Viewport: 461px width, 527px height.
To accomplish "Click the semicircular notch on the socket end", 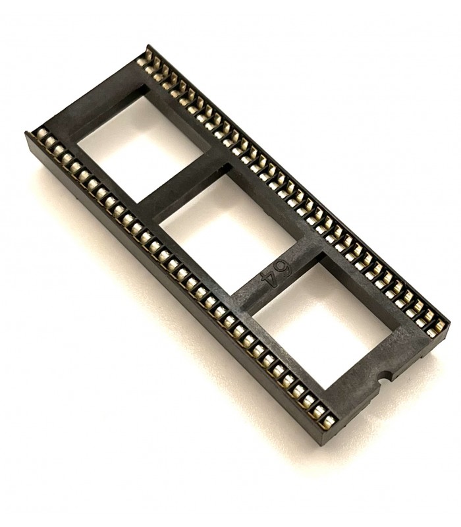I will (384, 379).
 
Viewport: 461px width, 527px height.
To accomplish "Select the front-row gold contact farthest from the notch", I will (41, 135).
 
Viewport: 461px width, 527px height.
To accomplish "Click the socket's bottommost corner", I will (323, 443).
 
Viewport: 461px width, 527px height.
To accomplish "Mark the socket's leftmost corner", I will (26, 135).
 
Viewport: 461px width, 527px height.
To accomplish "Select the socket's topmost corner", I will (148, 46).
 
